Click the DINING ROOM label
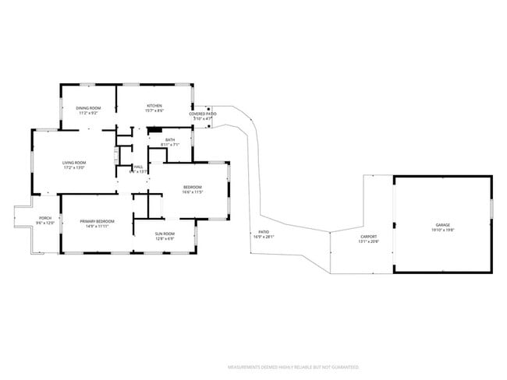pyautogui.click(x=87, y=108)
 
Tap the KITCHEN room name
pyautogui.click(x=155, y=105)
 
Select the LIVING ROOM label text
pyautogui.click(x=73, y=162)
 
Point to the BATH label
pyautogui.click(x=169, y=139)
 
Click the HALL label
pyautogui.click(x=138, y=166)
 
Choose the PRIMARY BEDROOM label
pyautogui.click(x=97, y=221)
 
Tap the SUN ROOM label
pyautogui.click(x=164, y=234)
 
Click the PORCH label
pyautogui.click(x=45, y=218)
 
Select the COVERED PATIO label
pyautogui.click(x=202, y=114)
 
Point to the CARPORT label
pyautogui.click(x=368, y=237)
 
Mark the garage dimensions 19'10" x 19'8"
pyautogui.click(x=443, y=230)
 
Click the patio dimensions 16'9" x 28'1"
pyautogui.click(x=264, y=237)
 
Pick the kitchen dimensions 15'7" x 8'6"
pyautogui.click(x=155, y=111)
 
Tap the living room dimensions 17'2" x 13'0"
pyautogui.click(x=73, y=167)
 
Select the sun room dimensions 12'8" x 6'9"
pyautogui.click(x=164, y=238)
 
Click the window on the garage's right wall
pyautogui.click(x=491, y=209)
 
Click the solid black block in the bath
pyautogui.click(x=153, y=131)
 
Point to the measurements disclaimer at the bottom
pyautogui.click(x=292, y=366)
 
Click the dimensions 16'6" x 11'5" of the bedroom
pyautogui.click(x=193, y=192)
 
